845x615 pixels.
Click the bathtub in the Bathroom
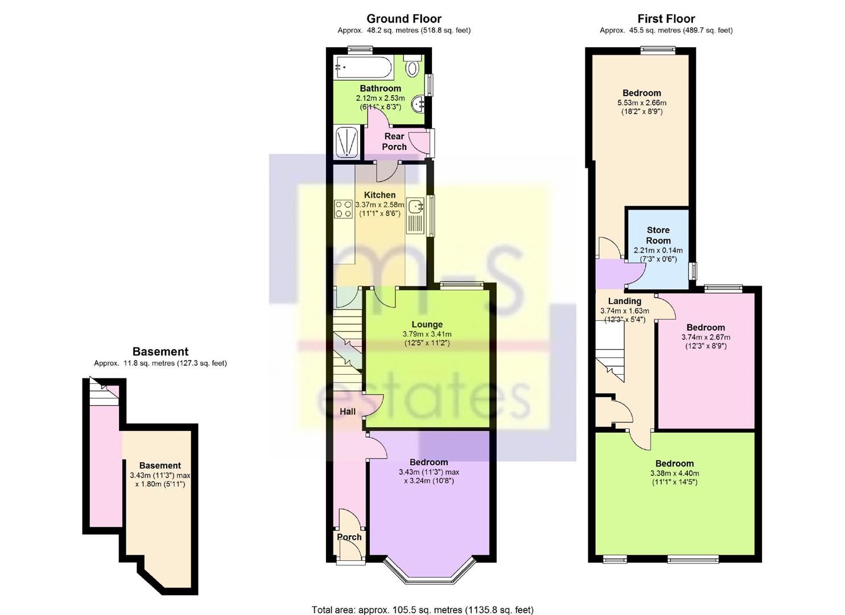(364, 68)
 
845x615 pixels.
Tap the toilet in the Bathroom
(413, 67)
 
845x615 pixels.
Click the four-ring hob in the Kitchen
(343, 209)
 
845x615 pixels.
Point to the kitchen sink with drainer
(416, 216)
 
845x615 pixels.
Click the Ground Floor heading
(403, 18)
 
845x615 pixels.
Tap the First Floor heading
(666, 18)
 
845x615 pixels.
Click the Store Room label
(658, 235)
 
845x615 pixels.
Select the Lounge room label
(427, 325)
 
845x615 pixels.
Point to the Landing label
(625, 301)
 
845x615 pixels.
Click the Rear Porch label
(394, 142)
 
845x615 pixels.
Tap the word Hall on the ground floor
(348, 412)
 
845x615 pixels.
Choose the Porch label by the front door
(349, 537)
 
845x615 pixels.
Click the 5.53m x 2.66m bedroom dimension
(642, 102)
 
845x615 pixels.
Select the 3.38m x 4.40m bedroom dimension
(674, 473)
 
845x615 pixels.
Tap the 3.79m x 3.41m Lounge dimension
(427, 334)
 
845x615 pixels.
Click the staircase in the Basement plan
(104, 391)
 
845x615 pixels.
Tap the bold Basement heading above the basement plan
(160, 351)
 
